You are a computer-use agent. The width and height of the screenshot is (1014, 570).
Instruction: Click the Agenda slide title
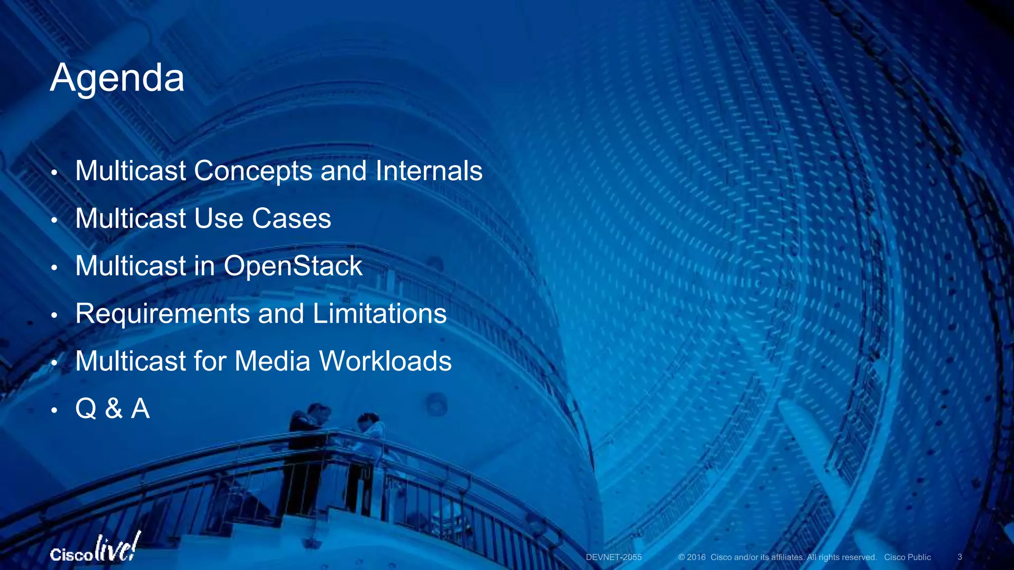(x=117, y=78)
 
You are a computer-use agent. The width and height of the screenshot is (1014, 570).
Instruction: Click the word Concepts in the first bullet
(x=253, y=171)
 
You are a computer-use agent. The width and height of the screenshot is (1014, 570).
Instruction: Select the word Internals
(x=429, y=171)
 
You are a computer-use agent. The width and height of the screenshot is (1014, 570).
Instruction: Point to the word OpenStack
(x=293, y=266)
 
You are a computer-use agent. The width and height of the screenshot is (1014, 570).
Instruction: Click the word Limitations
(x=379, y=314)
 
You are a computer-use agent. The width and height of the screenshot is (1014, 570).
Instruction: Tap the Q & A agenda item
(x=112, y=409)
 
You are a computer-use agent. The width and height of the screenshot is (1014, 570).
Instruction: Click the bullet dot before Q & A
(x=54, y=410)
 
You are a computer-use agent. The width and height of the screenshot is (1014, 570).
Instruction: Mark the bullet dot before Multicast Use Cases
(x=54, y=220)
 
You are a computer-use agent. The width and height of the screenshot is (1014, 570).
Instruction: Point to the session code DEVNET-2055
(x=613, y=557)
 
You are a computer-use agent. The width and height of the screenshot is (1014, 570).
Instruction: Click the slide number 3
(x=960, y=557)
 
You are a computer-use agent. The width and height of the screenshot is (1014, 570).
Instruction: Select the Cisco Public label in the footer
(x=908, y=557)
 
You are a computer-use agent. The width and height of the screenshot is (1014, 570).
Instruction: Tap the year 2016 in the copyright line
(x=696, y=557)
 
